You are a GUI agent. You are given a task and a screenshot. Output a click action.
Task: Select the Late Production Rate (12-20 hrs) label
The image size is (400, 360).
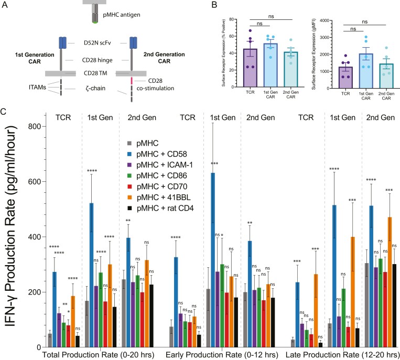(x=341, y=354)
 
